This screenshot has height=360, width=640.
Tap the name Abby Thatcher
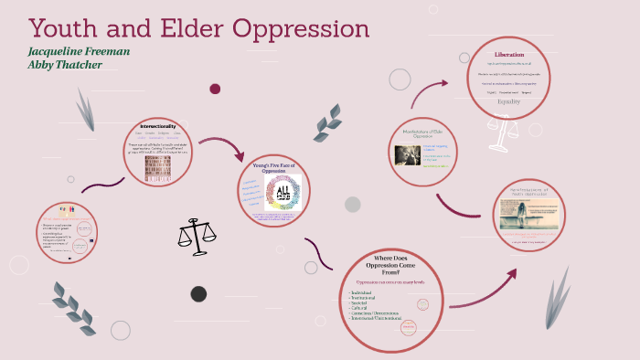pos(66,66)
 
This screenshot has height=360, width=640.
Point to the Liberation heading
pos(509,54)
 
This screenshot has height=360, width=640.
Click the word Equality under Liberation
pos(508,101)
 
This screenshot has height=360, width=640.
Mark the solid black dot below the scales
pos(198,293)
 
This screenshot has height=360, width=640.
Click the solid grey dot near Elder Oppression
pos(352,204)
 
